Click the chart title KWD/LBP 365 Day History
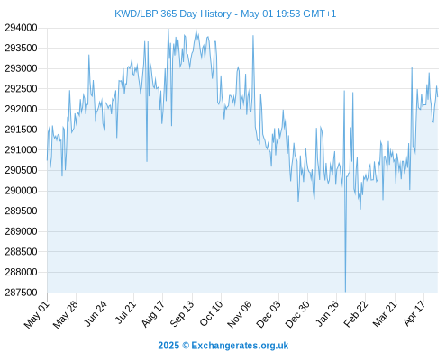pos(173,13)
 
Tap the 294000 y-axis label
pos(21,28)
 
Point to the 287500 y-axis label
pos(21,292)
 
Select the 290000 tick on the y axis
pos(21,191)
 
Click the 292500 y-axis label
pos(21,89)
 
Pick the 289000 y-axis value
pos(21,231)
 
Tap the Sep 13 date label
pos(182,313)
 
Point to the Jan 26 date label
pos(327,313)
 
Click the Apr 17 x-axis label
pos(414,313)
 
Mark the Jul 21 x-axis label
pos(125,312)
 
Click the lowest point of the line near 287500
pos(345,292)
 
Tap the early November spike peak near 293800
pos(253,36)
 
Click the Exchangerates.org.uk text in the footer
pos(240,346)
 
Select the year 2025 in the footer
pos(168,346)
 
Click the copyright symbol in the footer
pos(186,346)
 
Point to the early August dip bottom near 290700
pos(147,161)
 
